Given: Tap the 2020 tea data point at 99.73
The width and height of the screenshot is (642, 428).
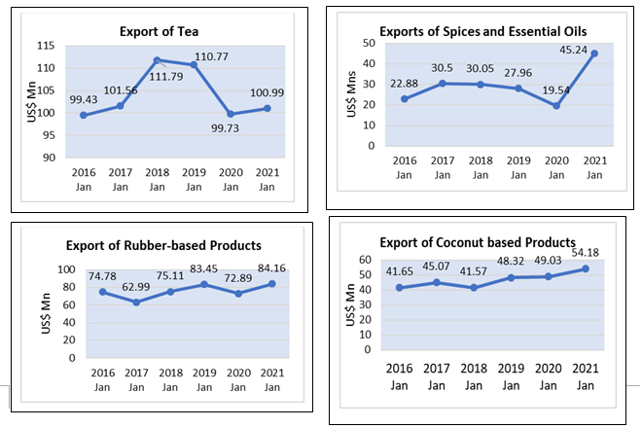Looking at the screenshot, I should click(x=230, y=114).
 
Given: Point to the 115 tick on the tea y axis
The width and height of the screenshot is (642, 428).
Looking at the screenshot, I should click(x=46, y=46).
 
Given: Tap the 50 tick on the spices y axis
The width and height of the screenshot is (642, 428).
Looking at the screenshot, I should click(x=368, y=43).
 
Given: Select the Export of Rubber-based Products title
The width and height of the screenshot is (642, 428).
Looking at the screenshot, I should click(x=163, y=244).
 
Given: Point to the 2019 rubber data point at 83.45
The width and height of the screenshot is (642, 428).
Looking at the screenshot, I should click(x=204, y=284).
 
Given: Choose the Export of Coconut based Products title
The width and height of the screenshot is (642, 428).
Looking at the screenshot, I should click(x=477, y=242).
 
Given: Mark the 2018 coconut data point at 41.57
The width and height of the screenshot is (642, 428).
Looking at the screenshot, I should click(x=475, y=288).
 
